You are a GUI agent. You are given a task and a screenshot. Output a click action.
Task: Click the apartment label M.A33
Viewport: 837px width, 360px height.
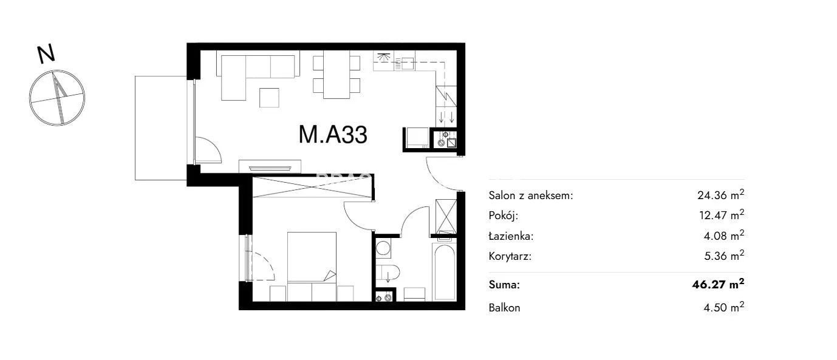click(x=333, y=134)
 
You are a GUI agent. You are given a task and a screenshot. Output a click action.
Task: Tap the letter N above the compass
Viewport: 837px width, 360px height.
click(x=46, y=54)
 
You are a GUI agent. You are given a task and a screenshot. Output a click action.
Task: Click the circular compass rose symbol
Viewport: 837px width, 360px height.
click(x=57, y=98)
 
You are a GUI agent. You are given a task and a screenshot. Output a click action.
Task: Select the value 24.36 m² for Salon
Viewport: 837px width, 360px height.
click(x=720, y=194)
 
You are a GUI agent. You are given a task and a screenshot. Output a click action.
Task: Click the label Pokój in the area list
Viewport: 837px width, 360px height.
click(x=504, y=216)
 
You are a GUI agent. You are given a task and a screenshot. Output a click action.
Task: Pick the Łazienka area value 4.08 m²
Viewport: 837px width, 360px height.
click(x=724, y=236)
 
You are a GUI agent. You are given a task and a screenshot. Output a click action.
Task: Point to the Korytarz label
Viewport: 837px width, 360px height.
click(x=510, y=257)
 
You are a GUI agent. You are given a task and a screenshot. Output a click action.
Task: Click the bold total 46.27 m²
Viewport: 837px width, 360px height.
click(x=718, y=284)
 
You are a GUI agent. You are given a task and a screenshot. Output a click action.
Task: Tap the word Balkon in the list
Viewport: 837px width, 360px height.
click(x=504, y=308)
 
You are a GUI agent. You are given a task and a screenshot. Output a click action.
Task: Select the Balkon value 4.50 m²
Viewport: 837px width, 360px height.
click(x=724, y=307)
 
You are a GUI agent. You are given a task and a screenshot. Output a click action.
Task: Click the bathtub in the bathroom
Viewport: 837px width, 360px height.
click(x=444, y=272)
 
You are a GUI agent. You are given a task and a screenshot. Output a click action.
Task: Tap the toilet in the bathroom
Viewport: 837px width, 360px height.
click(x=388, y=273)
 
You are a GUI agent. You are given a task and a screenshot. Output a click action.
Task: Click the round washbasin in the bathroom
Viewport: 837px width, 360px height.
click(x=383, y=248)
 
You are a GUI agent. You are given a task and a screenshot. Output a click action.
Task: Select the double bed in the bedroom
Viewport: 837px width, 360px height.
click(x=312, y=257)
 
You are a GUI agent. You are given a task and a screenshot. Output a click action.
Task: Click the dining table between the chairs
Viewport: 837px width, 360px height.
click(x=337, y=74)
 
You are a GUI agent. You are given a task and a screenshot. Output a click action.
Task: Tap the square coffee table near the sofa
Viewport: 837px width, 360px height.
click(x=269, y=98)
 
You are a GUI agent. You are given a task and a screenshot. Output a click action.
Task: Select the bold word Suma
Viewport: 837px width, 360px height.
click(x=504, y=285)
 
